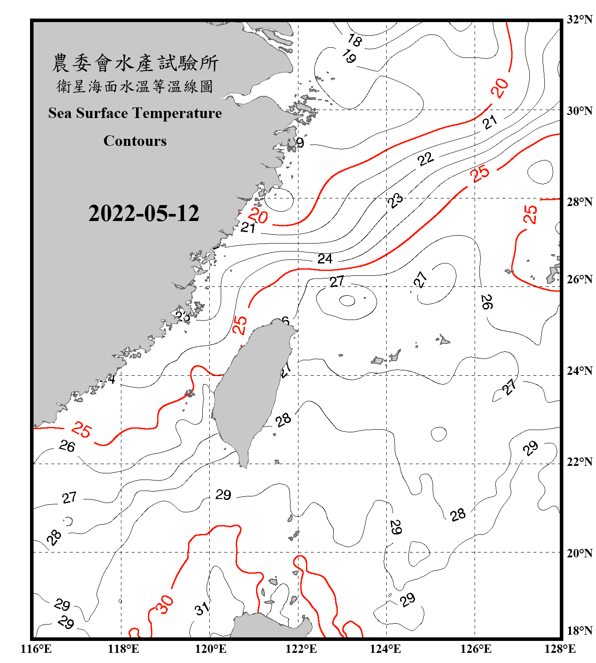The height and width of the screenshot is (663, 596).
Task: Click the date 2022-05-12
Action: click(143, 213)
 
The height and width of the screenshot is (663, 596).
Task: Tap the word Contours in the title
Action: click(135, 141)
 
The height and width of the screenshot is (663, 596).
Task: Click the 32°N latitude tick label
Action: click(579, 19)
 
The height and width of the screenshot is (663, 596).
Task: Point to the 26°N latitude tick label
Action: click(579, 279)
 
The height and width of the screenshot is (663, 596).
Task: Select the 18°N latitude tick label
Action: click(579, 631)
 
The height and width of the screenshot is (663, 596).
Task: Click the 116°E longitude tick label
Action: click(36, 649)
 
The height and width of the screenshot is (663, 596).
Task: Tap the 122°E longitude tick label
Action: click(301, 649)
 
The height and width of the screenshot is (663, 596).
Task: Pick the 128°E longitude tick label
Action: click(560, 649)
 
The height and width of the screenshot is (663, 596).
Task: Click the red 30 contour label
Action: click(164, 605)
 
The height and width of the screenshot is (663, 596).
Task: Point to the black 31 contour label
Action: click(202, 609)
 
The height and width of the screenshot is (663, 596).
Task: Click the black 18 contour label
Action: click(355, 40)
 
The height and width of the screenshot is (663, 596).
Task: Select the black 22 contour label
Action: click(426, 159)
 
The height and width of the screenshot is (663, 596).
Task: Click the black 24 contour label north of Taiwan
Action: click(325, 259)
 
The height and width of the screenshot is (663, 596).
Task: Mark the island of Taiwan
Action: click(252, 389)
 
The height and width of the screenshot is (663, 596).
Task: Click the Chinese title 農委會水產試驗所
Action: click(135, 63)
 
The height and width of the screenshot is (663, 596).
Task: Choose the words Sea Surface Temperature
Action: click(135, 113)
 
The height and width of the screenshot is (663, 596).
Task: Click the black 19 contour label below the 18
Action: click(349, 56)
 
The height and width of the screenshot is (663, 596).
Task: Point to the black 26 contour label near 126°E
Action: click(487, 302)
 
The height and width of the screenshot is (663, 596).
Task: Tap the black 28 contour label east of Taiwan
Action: click(283, 420)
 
